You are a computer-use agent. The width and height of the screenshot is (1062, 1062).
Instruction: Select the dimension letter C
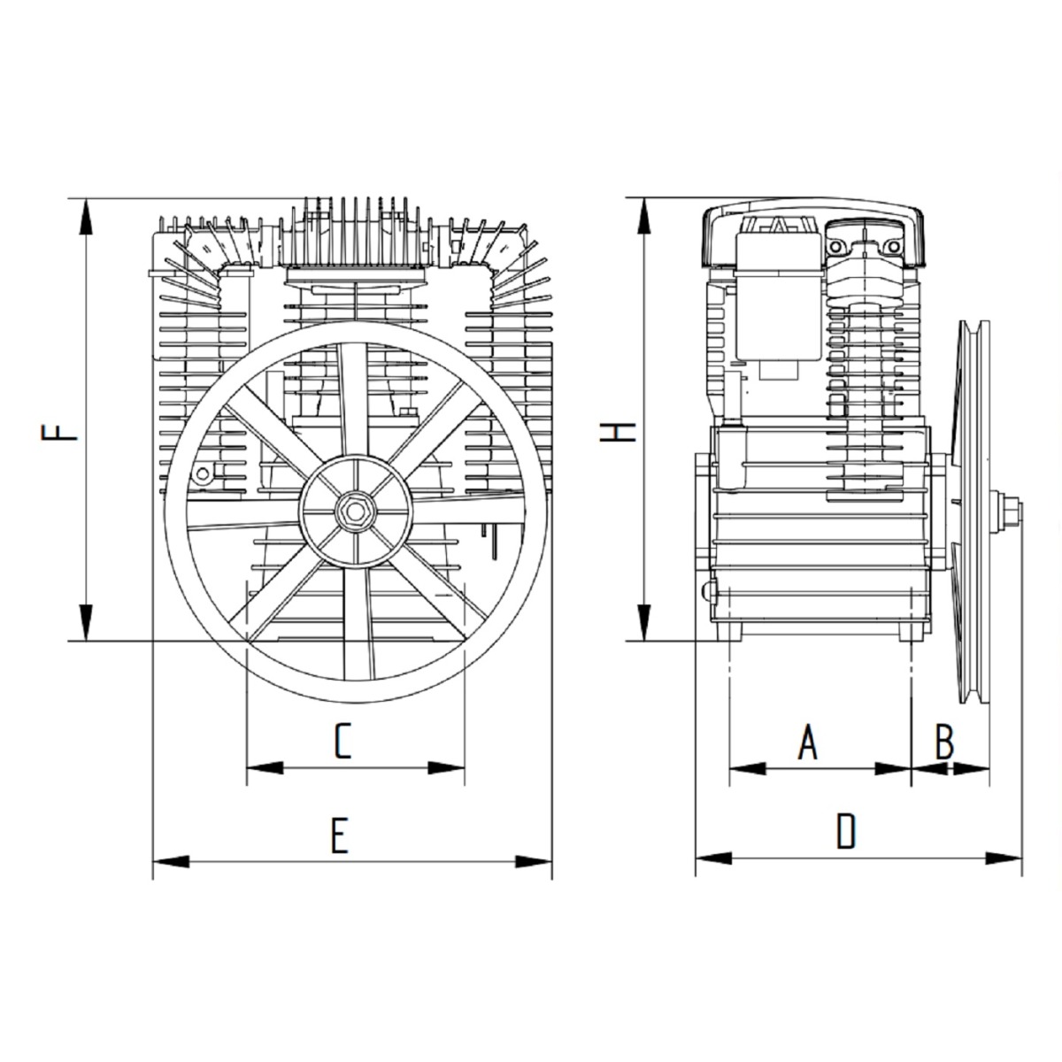[x=342, y=742]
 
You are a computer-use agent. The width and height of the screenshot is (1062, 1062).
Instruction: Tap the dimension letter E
[x=340, y=836]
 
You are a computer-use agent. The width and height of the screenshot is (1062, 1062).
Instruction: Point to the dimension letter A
[x=808, y=742]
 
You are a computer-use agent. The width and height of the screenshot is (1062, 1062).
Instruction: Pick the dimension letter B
[x=944, y=742]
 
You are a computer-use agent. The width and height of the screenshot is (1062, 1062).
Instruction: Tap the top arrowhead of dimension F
[x=86, y=218]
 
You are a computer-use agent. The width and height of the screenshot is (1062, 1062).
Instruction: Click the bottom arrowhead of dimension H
[x=643, y=622]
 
